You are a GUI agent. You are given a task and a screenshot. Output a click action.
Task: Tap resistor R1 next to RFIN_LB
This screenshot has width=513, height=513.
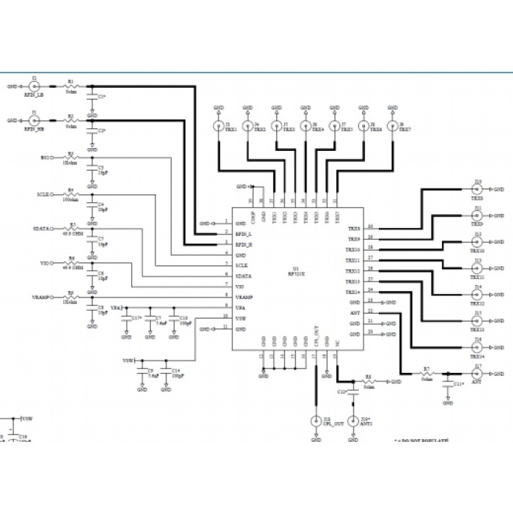point(70,86)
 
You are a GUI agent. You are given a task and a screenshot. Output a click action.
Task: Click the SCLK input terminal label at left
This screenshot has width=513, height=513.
point(43,195)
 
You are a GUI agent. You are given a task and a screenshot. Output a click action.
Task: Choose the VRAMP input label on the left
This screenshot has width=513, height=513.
point(40,296)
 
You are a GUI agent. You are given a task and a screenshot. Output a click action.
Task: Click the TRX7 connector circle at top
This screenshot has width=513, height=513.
point(392,126)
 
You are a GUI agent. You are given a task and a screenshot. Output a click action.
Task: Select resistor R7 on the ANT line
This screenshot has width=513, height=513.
point(427,372)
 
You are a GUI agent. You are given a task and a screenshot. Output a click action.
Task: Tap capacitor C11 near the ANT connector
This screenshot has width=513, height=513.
point(449,383)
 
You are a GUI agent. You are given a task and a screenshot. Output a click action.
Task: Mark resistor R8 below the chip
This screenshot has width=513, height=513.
point(369,382)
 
